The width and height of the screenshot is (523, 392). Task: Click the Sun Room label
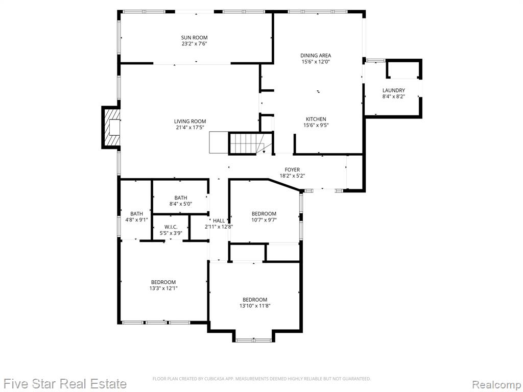pos(195,38)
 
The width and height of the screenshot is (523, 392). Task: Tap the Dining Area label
pos(316,56)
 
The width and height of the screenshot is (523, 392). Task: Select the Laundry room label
pos(394,90)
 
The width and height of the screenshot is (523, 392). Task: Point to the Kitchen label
pos(316,119)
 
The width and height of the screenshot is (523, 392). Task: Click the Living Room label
pos(190,121)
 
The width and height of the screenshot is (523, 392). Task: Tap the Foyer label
pos(292,169)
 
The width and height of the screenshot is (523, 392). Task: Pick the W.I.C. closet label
pos(171,227)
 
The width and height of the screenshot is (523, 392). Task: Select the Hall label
pos(219,220)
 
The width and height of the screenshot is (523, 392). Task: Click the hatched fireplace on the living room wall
pos(111,127)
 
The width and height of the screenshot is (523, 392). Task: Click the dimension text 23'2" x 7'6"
pos(195,44)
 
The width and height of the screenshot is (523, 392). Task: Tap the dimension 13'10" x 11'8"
pos(255,306)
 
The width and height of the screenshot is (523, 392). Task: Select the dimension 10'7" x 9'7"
pos(264,219)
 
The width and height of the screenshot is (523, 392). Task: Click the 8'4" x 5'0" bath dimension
pos(181,204)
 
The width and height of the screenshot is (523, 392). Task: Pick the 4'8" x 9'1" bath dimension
pos(136,219)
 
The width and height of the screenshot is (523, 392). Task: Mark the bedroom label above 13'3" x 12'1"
pos(163,282)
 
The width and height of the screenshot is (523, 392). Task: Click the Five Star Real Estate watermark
pos(64,384)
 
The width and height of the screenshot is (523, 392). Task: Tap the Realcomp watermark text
pos(496,384)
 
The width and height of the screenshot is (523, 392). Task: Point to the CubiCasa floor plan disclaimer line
pos(261,379)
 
